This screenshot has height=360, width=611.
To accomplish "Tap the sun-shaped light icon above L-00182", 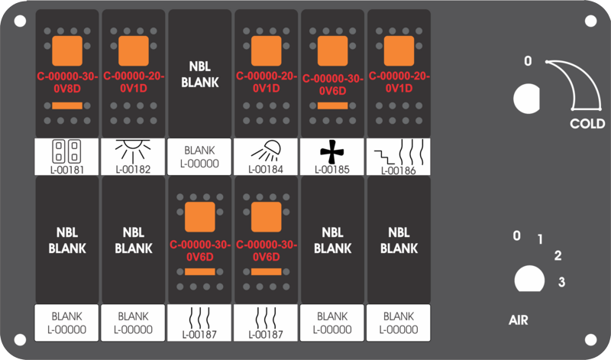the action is click(x=133, y=151).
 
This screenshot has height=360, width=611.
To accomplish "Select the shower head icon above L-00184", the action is click(x=266, y=151).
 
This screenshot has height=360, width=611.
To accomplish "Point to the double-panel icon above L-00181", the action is click(x=66, y=151).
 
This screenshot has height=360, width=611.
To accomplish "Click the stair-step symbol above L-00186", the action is click(x=385, y=157).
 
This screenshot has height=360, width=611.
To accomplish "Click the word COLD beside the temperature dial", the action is click(x=587, y=124).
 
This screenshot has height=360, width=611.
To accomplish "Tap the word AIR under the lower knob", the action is click(x=519, y=320).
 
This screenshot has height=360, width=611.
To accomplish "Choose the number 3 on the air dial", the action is click(x=561, y=281).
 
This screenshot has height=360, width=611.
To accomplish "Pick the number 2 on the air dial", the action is click(x=558, y=255).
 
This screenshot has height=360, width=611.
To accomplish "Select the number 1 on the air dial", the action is click(x=540, y=239).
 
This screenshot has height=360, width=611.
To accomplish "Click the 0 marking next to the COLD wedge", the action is click(x=528, y=61).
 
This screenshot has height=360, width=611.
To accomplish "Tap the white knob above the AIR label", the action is click(x=529, y=279).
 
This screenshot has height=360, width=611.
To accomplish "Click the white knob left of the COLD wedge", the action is click(x=527, y=99).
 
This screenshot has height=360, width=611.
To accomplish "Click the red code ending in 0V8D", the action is click(x=67, y=83).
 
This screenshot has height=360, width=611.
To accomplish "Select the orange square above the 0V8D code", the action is click(x=67, y=50).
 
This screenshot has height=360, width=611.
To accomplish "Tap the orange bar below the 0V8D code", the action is click(x=67, y=105).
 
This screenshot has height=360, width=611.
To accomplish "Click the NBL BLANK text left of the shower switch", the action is click(x=200, y=74).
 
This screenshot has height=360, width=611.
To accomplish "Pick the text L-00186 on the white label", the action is click(x=398, y=170).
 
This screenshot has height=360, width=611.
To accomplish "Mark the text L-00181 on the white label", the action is click(x=66, y=170).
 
